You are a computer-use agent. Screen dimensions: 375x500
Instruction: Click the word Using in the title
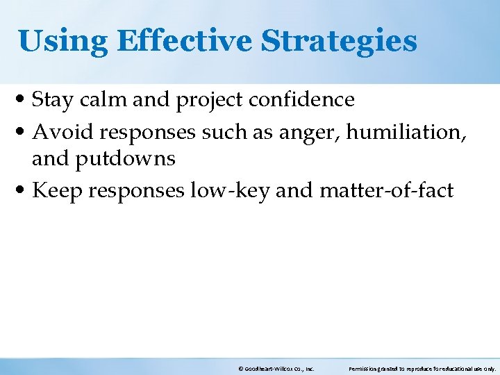62,41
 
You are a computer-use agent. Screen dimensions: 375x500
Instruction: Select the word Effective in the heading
185,41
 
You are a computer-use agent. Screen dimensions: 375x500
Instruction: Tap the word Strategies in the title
339,41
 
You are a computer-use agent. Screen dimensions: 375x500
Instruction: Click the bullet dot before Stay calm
24,101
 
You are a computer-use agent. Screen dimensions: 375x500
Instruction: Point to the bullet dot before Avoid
24,131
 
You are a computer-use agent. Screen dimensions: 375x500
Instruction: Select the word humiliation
407,130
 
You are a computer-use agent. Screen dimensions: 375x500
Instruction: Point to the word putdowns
125,160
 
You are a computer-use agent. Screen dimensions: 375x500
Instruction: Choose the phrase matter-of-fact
386,190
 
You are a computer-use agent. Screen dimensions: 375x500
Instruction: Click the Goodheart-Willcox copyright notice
276,369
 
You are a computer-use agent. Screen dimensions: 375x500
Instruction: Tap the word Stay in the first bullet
53,100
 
